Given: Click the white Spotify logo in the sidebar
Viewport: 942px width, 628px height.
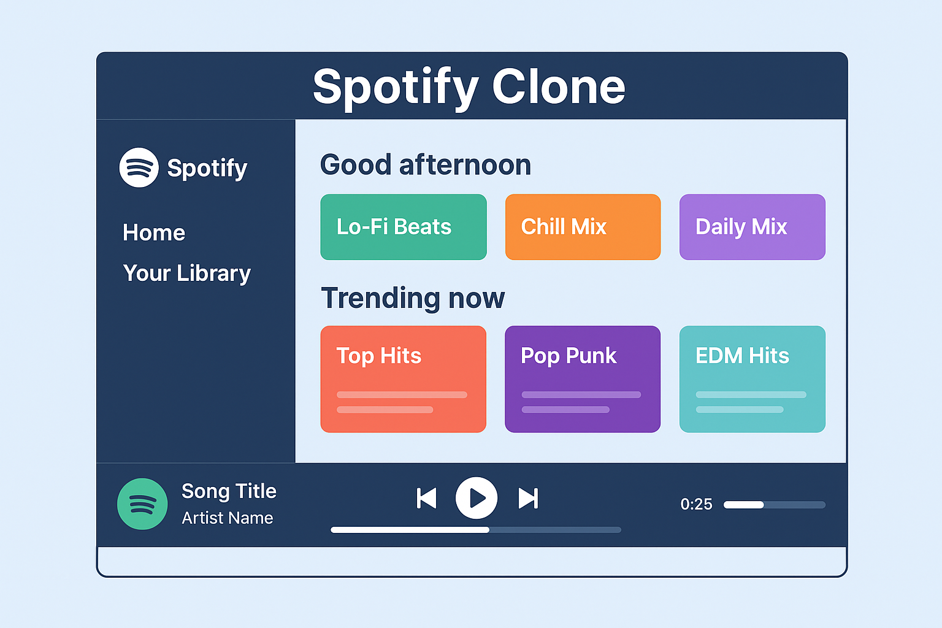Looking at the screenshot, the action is click(139, 167).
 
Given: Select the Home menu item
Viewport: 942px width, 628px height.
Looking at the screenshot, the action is click(154, 232).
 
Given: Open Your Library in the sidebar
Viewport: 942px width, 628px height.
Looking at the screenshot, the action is click(186, 274).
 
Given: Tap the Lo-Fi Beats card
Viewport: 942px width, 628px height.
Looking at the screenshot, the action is click(404, 227).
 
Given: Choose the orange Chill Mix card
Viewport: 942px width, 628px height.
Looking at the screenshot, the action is click(583, 227).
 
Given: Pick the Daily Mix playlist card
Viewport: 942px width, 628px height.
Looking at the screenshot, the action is click(752, 227).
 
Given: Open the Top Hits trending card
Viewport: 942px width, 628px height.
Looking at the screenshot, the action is click(404, 379).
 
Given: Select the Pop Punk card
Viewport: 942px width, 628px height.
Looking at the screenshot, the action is click(583, 379).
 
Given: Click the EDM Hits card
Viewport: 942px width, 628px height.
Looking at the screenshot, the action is click(752, 379).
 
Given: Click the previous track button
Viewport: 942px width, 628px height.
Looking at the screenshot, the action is click(426, 499).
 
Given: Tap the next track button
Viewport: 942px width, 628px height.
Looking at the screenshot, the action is click(528, 499).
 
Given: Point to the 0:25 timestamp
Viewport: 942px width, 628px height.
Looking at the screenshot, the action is click(697, 504).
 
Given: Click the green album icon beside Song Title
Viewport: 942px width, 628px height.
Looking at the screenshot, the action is click(142, 504).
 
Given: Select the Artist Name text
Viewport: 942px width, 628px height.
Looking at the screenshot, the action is click(228, 518).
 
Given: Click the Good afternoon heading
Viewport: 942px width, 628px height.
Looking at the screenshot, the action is click(426, 164).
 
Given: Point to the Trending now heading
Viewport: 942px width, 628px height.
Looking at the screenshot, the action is click(413, 298).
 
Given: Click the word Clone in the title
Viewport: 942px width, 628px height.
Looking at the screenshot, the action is click(559, 86).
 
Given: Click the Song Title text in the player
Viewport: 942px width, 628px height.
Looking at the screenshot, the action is click(229, 491).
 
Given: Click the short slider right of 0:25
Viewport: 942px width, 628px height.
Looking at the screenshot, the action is click(774, 505).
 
